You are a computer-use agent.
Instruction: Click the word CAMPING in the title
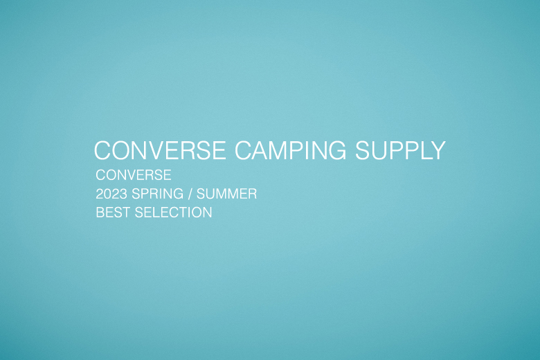290,150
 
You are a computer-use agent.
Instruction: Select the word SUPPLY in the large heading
400,150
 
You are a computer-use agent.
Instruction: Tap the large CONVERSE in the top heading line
160,150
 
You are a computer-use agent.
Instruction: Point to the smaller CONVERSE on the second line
134,175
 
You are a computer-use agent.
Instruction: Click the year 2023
111,194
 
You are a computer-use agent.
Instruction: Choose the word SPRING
157,194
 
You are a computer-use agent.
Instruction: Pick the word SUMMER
226,194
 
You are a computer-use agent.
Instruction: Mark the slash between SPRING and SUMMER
190,194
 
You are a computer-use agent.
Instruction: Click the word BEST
113,213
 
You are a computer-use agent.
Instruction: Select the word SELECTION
173,213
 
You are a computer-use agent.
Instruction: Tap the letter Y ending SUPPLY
438,150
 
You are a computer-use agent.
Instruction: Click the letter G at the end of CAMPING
336,150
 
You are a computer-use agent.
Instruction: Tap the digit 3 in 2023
124,194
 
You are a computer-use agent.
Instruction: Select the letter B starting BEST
100,213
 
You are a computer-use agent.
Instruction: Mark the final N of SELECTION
208,213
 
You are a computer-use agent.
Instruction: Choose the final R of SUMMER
253,194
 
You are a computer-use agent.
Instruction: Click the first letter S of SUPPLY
363,150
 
